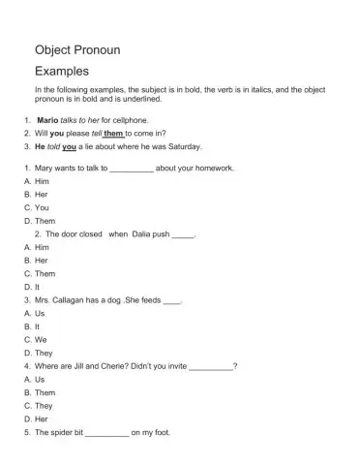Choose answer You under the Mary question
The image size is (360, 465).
[42, 207]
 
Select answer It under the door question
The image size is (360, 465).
[39, 287]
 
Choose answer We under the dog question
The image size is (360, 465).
[42, 340]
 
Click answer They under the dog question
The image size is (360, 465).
[45, 354]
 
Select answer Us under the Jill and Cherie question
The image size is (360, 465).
[41, 380]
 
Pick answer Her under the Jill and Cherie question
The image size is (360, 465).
[42, 419]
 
